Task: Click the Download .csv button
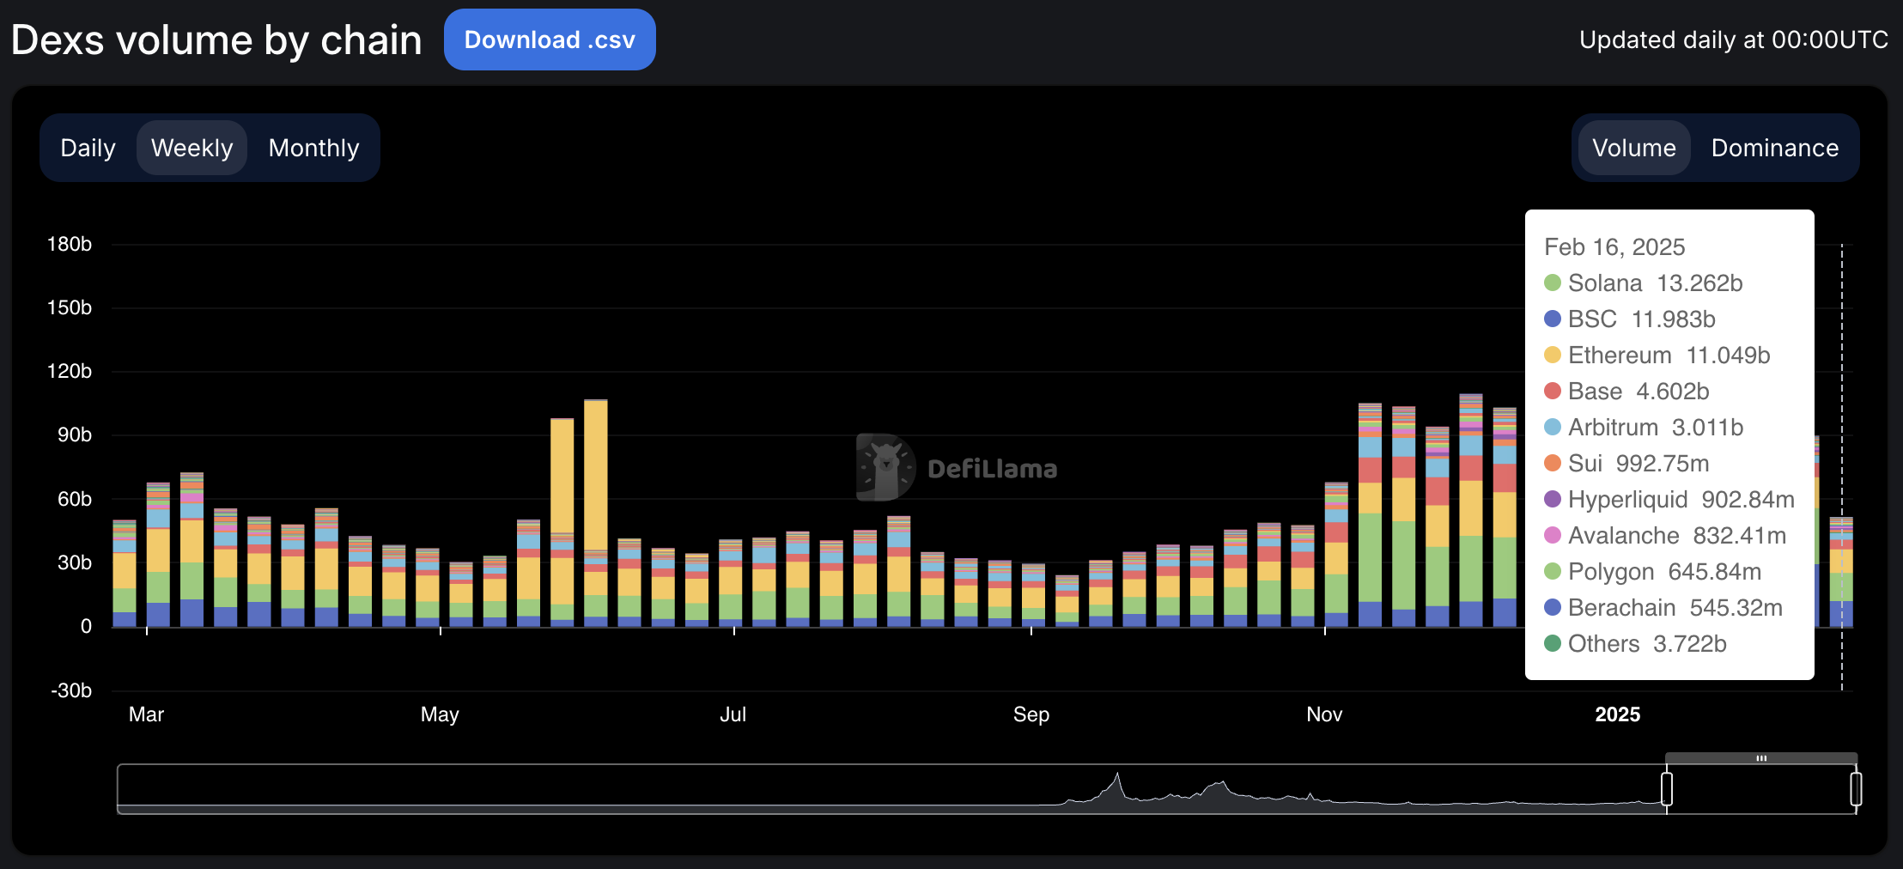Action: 550,39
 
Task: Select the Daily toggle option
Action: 88,148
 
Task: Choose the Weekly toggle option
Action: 192,148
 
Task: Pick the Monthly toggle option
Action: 313,148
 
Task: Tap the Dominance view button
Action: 1774,148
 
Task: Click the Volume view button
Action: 1633,148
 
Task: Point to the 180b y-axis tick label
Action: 70,245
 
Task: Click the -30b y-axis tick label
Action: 71,690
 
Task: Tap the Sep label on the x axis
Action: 1031,714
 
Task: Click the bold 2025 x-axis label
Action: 1617,714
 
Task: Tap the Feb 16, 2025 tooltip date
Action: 1614,247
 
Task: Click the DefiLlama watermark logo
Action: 885,468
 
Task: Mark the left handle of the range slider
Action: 1667,788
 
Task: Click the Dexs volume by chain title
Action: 216,40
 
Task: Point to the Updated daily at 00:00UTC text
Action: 1733,40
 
